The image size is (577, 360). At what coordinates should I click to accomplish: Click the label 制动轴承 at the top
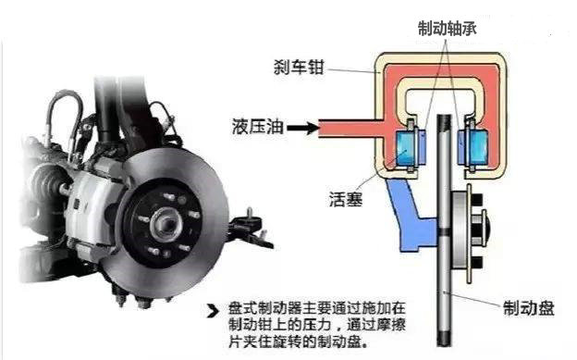click(448, 29)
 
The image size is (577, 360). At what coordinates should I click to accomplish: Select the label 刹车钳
click(299, 68)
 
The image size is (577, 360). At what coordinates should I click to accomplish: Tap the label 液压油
click(258, 126)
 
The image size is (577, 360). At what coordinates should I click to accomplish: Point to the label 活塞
click(346, 199)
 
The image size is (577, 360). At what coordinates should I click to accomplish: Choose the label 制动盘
click(528, 308)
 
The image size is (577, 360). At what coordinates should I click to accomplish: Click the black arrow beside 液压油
click(303, 128)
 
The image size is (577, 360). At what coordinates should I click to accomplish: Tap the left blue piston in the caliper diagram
click(406, 148)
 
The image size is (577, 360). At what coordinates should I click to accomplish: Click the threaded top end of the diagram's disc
click(444, 122)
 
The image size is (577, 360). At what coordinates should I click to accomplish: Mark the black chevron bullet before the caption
click(213, 311)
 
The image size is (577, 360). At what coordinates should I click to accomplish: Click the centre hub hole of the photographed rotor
click(166, 222)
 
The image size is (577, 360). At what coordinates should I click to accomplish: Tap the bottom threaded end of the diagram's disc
click(444, 338)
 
